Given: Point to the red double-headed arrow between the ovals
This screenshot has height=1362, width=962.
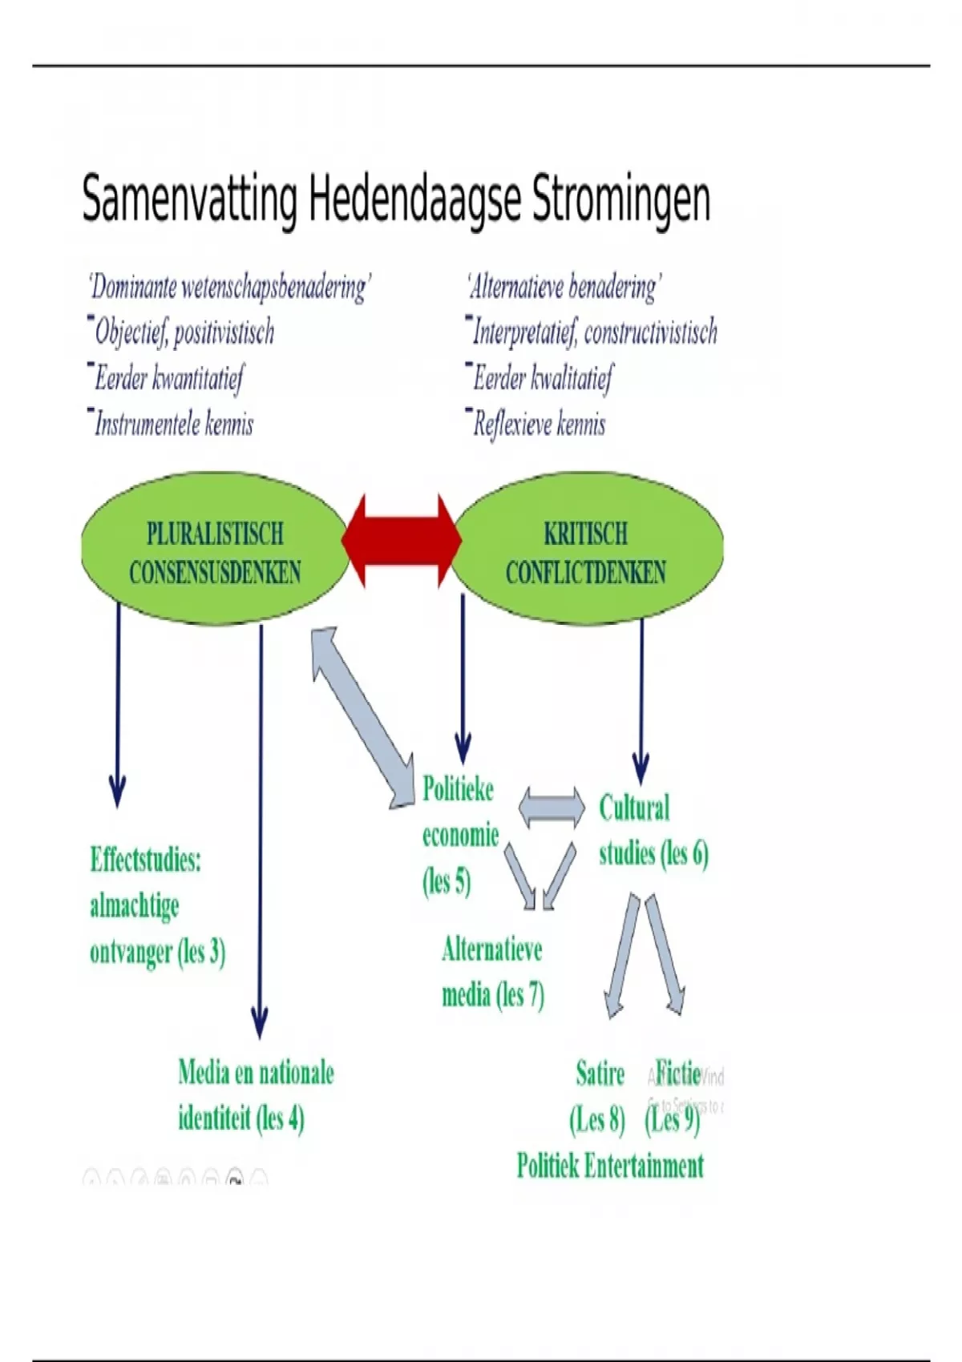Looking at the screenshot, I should [401, 541].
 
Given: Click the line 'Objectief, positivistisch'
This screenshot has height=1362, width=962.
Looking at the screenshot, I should [184, 332].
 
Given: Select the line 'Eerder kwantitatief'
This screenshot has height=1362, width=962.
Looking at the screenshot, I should [169, 378].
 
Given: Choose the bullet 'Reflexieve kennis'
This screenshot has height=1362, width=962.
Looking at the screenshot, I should [539, 424].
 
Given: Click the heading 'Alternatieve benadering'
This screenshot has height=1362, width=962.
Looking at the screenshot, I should [564, 287].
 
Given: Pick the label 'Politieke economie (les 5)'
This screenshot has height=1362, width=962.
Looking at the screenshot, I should [459, 835].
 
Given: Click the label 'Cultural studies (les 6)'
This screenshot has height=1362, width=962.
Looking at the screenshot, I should [653, 831].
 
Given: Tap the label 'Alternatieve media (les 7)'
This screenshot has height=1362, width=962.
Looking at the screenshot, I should [492, 972].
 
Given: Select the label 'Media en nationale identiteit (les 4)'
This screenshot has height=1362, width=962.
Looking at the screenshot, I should [256, 1094].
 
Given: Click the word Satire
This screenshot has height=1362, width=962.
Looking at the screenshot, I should [600, 1073].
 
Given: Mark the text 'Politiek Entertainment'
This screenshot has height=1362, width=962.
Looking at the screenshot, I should [610, 1166].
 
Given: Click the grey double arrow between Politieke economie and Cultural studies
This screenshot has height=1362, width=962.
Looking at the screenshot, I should [552, 807].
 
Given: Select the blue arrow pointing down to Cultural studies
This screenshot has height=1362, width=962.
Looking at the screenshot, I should [641, 697].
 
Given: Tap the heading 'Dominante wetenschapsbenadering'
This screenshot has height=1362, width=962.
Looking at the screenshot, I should [229, 287].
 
